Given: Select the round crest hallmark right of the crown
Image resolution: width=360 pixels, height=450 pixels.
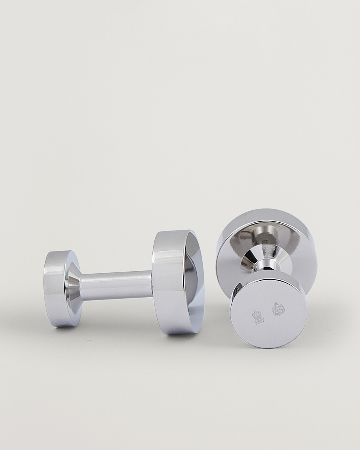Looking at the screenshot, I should click(278, 309).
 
